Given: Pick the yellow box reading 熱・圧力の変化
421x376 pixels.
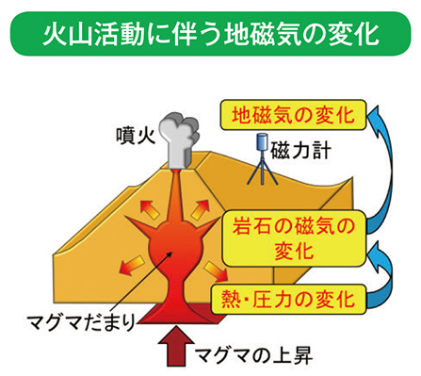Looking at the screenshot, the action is coord(293,301).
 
